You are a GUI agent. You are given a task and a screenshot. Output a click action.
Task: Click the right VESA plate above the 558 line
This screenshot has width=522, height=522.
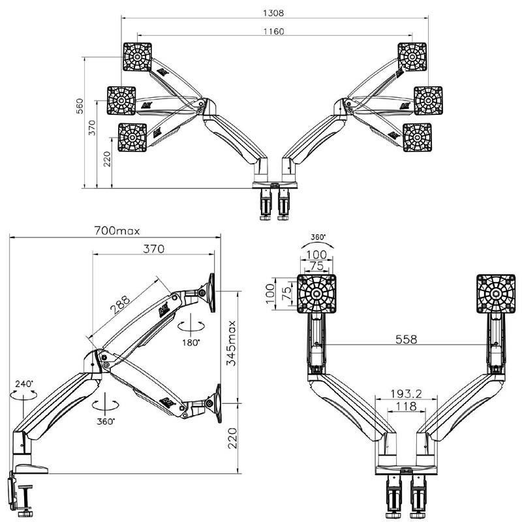(495, 293)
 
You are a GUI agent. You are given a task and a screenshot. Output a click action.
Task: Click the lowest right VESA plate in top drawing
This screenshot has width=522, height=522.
(416, 137)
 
